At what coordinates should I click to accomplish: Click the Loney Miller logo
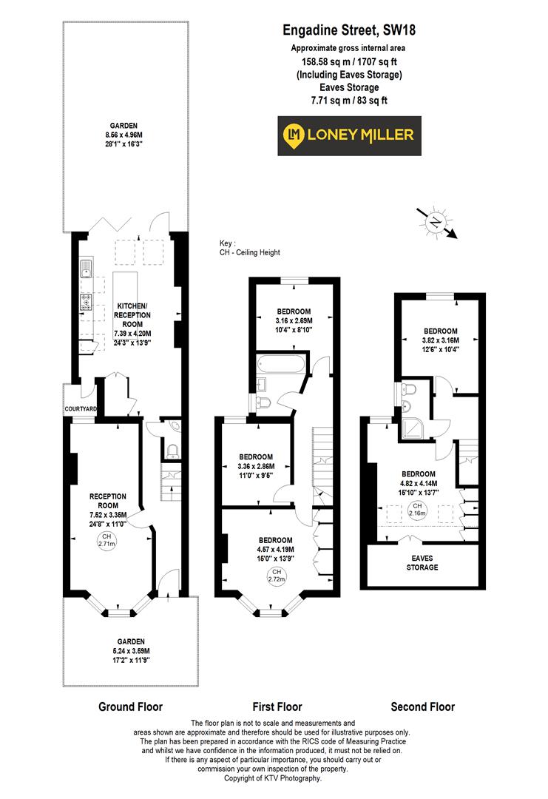349,135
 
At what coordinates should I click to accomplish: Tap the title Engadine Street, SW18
348,30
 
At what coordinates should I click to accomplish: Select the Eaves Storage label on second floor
424,562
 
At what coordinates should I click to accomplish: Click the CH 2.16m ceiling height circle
416,510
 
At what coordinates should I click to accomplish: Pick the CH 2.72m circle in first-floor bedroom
277,575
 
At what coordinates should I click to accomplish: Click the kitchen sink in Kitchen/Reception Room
85,268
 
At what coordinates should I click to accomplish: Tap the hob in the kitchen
85,302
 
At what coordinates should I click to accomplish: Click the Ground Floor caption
130,707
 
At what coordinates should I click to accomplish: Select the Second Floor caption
423,707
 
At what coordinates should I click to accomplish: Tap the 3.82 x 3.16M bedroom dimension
440,340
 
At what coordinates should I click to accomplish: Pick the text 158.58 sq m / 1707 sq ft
348,61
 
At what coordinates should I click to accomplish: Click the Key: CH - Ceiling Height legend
249,248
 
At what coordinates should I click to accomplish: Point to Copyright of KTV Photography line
274,778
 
